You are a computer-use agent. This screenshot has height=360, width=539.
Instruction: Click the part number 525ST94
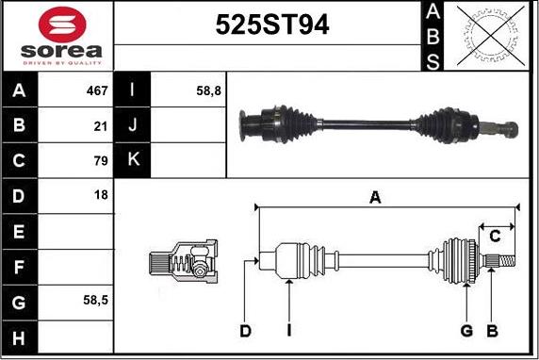tap(272, 25)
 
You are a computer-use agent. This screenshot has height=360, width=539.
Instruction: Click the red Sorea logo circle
tap(62, 25)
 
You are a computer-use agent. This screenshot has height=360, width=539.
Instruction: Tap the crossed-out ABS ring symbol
tap(491, 36)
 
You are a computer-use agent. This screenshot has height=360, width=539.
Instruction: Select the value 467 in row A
tap(97, 90)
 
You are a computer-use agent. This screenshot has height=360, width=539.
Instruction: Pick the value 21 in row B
tap(101, 126)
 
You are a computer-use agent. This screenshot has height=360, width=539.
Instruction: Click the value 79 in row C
tap(101, 160)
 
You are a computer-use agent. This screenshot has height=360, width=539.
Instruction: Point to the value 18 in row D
tap(101, 195)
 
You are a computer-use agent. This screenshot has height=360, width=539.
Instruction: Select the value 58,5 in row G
tap(95, 301)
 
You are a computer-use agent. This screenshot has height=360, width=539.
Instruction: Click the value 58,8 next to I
tap(208, 91)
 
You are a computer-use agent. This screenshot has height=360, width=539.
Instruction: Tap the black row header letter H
tap(19, 338)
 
